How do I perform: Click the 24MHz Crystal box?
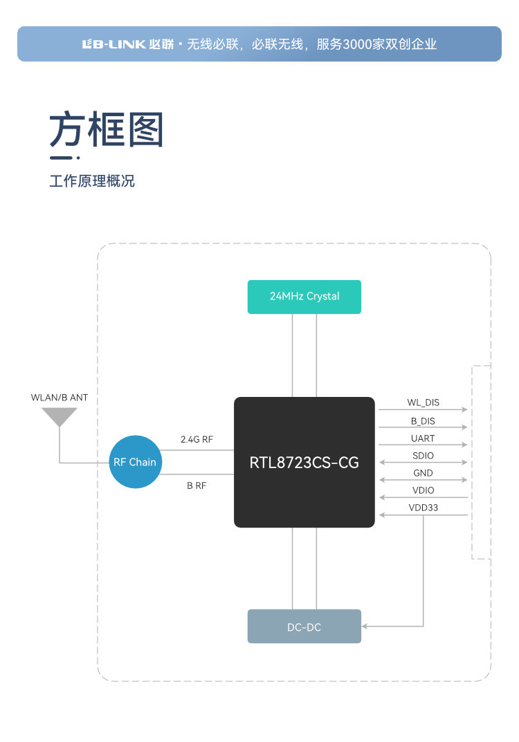[304, 297]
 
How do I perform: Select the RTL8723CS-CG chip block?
[304, 462]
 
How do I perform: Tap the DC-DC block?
[304, 627]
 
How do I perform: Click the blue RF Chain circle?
[135, 462]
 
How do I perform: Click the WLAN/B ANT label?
[60, 398]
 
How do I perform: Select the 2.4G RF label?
[197, 439]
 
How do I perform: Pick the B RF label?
[197, 485]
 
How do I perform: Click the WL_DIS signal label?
[423, 402]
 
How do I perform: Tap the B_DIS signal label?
[423, 420]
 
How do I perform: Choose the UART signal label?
[423, 438]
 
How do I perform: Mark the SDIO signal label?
[423, 456]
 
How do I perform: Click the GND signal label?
[423, 473]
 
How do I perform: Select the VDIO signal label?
[423, 490]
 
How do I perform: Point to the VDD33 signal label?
[423, 508]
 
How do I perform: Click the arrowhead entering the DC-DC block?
[365, 627]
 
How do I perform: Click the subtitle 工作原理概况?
[92, 182]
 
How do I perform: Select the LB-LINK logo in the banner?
[113, 44]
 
